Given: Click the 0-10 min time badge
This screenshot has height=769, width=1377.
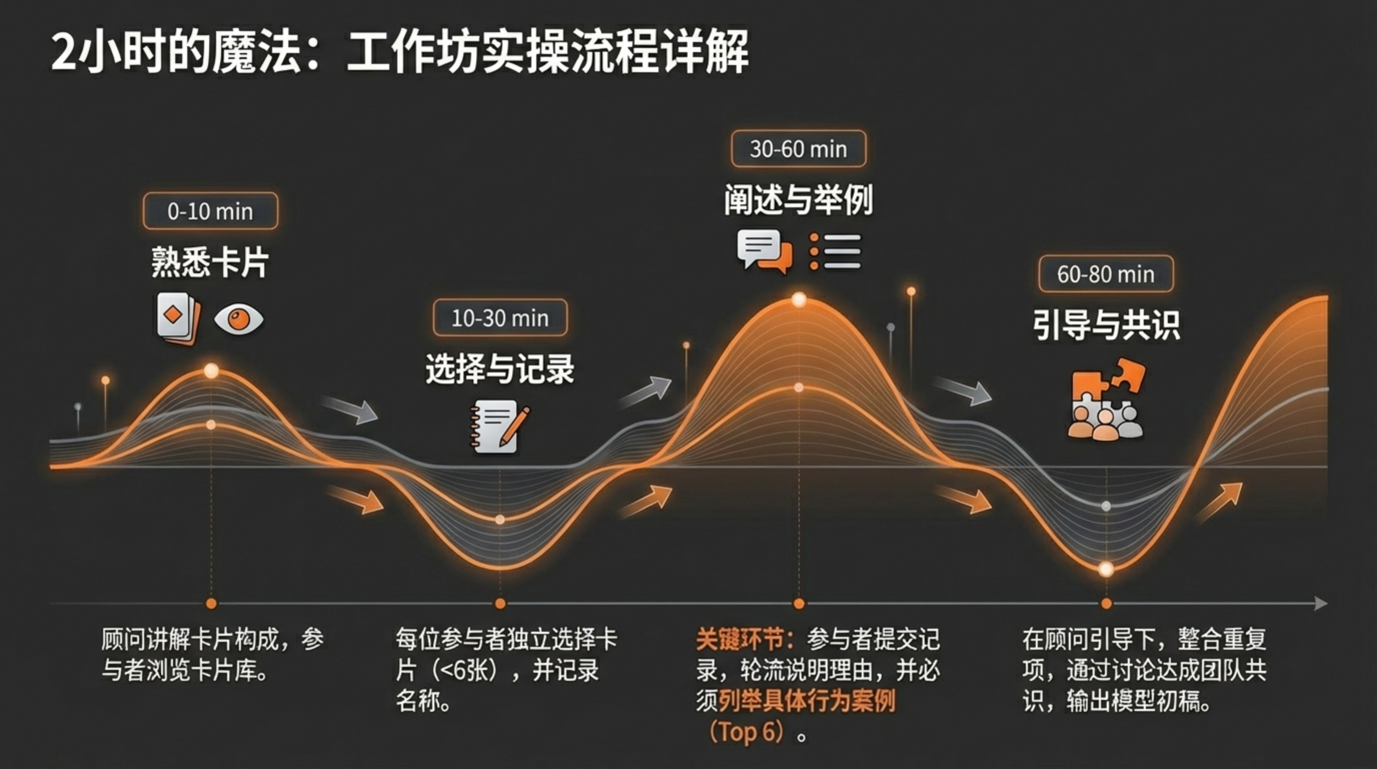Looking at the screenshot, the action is pyautogui.click(x=211, y=211).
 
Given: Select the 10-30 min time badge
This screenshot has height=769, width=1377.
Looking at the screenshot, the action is pyautogui.click(x=500, y=317).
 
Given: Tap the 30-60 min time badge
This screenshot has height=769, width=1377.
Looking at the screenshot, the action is pyautogui.click(x=799, y=149).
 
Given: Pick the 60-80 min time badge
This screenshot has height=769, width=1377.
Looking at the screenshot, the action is pyautogui.click(x=1106, y=274).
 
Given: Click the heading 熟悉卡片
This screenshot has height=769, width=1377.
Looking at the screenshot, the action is pyautogui.click(x=210, y=262).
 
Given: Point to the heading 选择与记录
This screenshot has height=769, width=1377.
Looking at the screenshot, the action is pyautogui.click(x=500, y=368).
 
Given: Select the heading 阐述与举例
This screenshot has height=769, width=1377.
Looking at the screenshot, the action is pyautogui.click(x=799, y=199).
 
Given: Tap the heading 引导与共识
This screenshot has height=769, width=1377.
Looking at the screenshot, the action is pyautogui.click(x=1106, y=324).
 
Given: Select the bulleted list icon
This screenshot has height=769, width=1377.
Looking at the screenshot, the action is pyautogui.click(x=835, y=251).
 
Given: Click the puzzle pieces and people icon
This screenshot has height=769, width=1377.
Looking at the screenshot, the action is pyautogui.click(x=1106, y=399).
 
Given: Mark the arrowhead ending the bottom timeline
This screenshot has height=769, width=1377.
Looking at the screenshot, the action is pyautogui.click(x=1321, y=603).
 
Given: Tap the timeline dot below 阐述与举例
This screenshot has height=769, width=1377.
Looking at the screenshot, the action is pyautogui.click(x=799, y=603).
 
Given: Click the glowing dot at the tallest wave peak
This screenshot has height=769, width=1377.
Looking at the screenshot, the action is pyautogui.click(x=799, y=299).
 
